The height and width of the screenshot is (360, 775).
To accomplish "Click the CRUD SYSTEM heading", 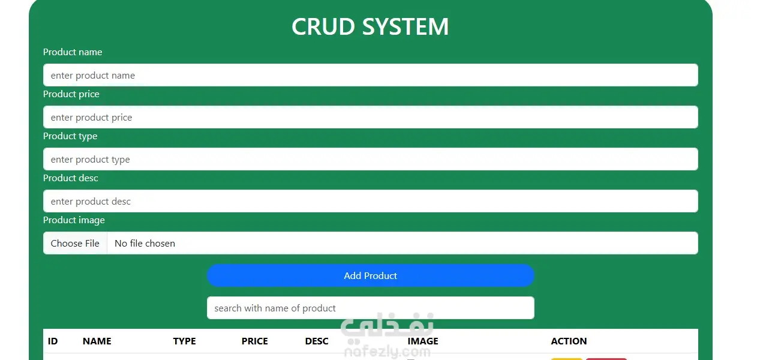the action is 370,26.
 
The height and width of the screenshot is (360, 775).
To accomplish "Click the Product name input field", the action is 371,75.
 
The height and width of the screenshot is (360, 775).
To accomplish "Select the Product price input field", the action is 371,117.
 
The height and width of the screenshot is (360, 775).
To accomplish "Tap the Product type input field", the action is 371,159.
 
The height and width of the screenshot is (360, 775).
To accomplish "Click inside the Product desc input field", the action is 371,201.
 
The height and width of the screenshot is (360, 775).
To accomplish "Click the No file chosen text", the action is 145,244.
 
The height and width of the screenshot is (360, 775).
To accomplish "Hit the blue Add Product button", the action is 371,275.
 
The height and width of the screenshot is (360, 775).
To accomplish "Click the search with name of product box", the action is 371,308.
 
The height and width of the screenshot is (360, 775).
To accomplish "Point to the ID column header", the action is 53,341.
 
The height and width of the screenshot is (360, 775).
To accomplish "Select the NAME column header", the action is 97,341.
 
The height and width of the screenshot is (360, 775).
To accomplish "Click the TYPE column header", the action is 184,341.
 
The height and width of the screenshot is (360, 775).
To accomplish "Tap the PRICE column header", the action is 255,341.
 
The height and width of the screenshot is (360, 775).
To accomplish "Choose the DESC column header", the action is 317,341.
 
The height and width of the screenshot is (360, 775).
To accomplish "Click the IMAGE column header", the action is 423,341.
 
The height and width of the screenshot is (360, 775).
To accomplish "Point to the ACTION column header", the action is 569,341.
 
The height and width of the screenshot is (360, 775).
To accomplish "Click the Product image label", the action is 74,220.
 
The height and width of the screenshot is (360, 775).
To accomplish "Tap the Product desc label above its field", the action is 71,178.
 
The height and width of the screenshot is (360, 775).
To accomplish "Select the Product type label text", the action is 70,136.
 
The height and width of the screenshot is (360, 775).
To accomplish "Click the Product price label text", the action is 71,94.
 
